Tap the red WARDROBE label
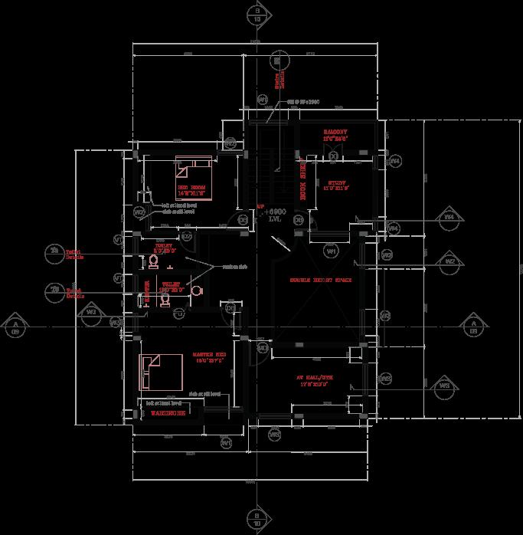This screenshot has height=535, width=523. click(x=168, y=413)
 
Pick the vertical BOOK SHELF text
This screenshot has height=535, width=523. click(x=302, y=181)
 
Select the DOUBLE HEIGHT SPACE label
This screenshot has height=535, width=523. click(x=320, y=281)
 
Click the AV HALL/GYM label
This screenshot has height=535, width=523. click(x=315, y=379)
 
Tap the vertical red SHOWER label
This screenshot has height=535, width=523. click(x=149, y=290)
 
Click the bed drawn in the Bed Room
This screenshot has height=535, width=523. click(x=196, y=170)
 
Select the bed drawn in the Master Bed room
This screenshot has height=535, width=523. click(x=160, y=373)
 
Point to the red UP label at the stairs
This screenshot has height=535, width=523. click(x=260, y=207)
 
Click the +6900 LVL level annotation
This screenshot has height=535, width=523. click(x=276, y=215)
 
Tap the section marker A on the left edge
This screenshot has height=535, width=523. click(x=15, y=326)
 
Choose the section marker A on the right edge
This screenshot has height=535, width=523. click(x=472, y=326)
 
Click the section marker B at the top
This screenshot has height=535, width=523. click(x=257, y=15)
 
